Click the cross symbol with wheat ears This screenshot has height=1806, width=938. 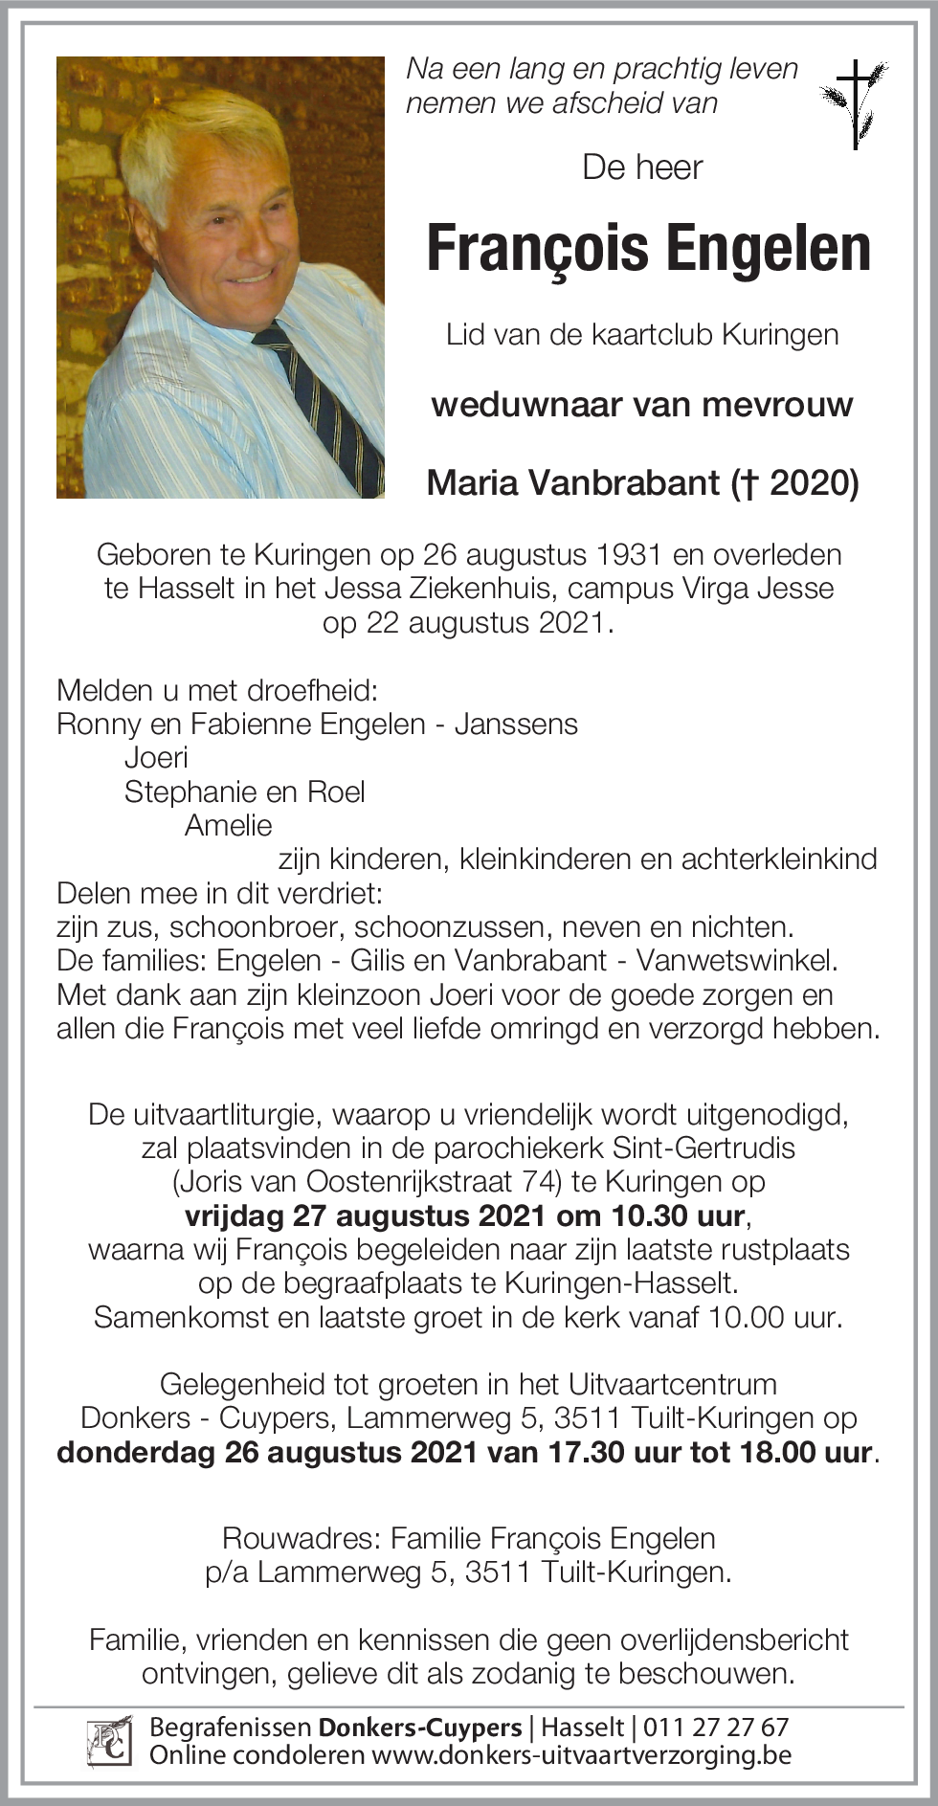(x=855, y=103)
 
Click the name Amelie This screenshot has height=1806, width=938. (x=228, y=826)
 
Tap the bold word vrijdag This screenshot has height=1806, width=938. (x=234, y=1216)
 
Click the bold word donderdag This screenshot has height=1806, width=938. (x=136, y=1453)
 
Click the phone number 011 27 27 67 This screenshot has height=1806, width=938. (x=716, y=1728)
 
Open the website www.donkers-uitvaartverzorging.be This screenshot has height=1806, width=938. (x=581, y=1755)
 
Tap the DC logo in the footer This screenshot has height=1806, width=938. (x=108, y=1741)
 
